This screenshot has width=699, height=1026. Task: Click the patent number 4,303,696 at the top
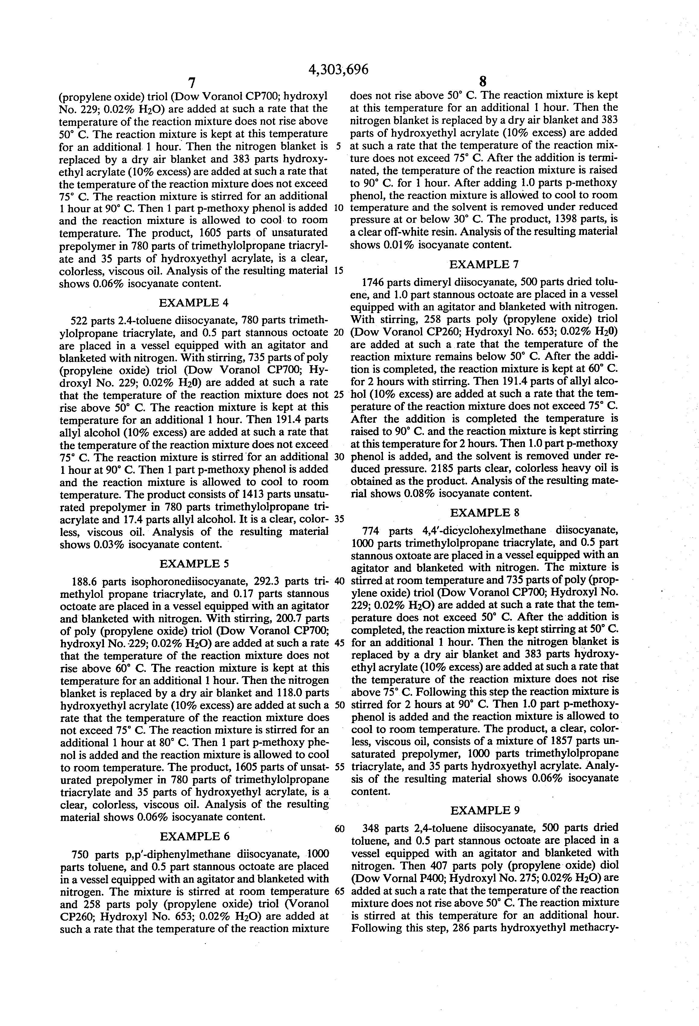338,70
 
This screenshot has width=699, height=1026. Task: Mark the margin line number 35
339,519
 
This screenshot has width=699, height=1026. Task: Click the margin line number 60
339,829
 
